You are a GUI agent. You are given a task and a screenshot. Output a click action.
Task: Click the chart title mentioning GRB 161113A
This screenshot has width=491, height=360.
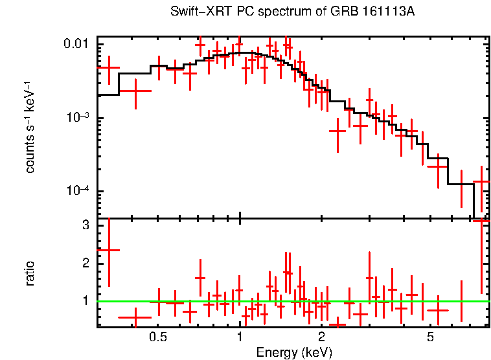[x=292, y=12]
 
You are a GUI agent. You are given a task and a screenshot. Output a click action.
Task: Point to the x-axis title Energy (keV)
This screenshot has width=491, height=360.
[x=294, y=352]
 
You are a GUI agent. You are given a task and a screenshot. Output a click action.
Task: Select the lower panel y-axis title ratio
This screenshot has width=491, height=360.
[x=30, y=273]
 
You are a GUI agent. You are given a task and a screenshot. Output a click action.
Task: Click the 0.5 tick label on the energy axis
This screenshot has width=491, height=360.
[x=158, y=337]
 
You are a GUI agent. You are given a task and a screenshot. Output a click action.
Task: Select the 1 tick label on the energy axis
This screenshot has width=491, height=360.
[x=240, y=337]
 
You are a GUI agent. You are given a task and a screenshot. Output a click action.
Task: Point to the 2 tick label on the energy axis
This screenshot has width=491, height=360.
[x=321, y=337]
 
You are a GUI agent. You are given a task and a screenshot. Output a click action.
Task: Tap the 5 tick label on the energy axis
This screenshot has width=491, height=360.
[x=429, y=337]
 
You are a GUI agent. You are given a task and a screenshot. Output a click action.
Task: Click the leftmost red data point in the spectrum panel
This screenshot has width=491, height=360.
[x=108, y=67]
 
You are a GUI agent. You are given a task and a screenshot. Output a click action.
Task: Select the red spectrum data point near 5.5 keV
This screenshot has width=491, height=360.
[x=439, y=166]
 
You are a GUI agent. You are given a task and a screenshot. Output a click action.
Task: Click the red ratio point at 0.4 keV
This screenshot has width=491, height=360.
[x=135, y=317]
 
